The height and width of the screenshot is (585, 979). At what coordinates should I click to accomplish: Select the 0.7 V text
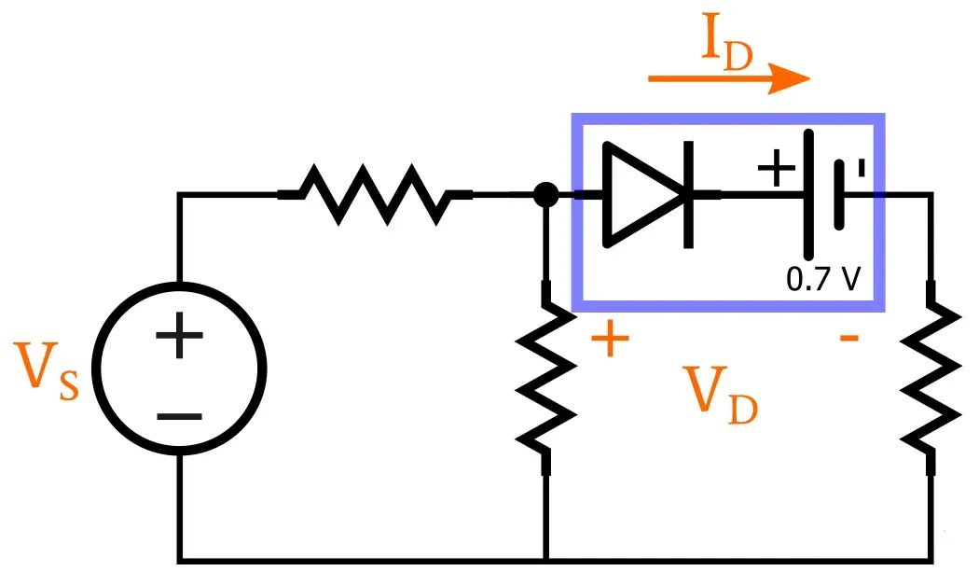point(822,279)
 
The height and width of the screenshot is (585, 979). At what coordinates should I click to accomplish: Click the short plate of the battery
point(841,194)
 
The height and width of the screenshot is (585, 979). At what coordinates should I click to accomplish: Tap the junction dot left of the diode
point(545,195)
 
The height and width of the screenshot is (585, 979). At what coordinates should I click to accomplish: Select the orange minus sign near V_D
point(848,338)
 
